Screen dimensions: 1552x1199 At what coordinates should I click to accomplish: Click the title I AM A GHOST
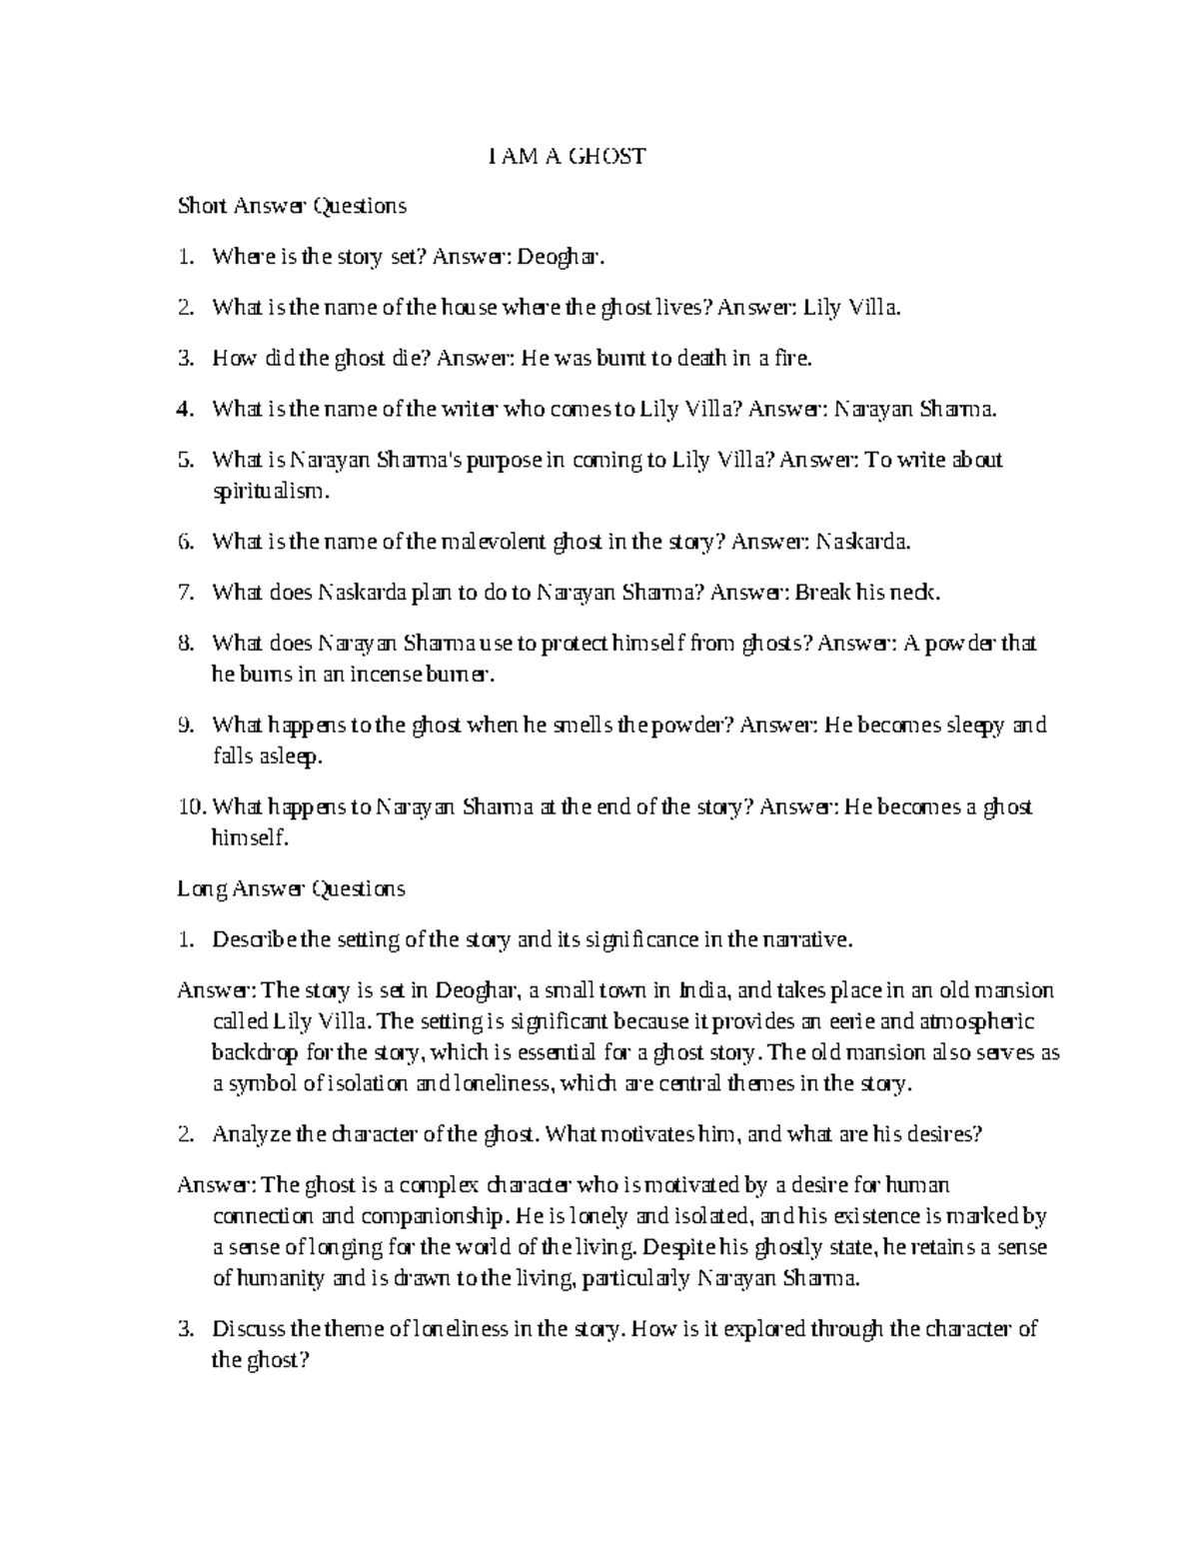coord(567,156)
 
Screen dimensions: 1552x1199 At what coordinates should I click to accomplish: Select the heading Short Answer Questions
coord(292,207)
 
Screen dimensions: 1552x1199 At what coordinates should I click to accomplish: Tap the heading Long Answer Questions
coord(291,888)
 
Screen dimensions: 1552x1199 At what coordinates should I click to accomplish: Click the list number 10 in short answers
coord(190,807)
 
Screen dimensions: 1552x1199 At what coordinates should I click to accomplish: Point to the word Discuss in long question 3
coord(248,1329)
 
